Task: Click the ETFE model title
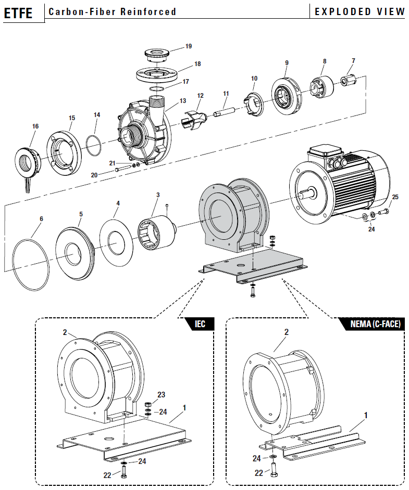[18, 12]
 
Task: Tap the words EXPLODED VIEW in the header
[360, 11]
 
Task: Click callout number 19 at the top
[189, 46]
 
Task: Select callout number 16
[35, 126]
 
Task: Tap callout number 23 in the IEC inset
[161, 395]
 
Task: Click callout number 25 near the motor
[395, 197]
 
